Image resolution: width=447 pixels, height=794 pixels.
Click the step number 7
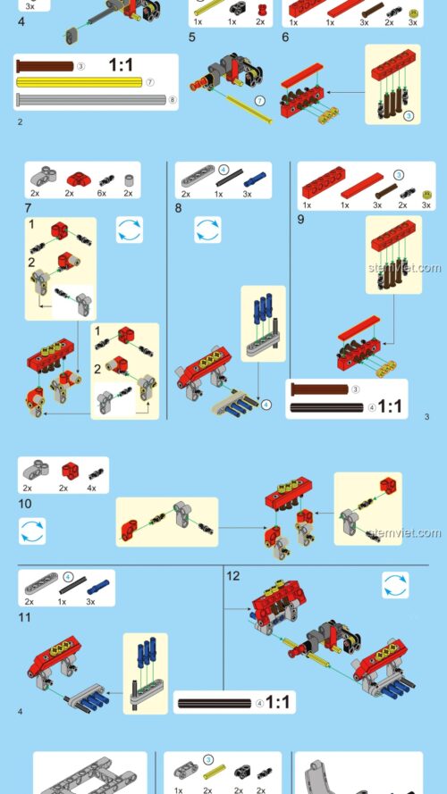pyautogui.click(x=28, y=208)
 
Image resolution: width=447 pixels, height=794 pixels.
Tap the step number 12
pyautogui.click(x=232, y=576)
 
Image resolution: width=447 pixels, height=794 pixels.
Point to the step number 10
pyautogui.click(x=24, y=504)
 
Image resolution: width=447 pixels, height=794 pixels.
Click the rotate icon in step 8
pyautogui.click(x=207, y=230)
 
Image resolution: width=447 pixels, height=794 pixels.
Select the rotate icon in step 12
pyautogui.click(x=395, y=585)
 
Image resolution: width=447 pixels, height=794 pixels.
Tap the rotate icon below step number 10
pyautogui.click(x=32, y=531)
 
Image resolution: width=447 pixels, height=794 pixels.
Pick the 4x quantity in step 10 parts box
pyautogui.click(x=91, y=489)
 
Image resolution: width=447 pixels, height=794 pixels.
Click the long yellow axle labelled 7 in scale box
pyautogui.click(x=80, y=82)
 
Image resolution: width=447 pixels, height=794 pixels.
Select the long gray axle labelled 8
pyautogui.click(x=91, y=99)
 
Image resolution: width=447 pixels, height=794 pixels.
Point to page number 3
pyautogui.click(x=426, y=417)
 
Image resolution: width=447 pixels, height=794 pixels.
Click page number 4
pyautogui.click(x=21, y=712)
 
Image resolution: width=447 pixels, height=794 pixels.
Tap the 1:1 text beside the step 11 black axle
pyautogui.click(x=278, y=702)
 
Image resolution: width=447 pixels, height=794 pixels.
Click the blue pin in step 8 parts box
pyautogui.click(x=255, y=180)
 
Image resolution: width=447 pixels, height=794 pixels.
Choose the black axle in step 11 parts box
pyautogui.click(x=73, y=588)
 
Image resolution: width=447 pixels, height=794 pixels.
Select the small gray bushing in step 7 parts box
pyautogui.click(x=130, y=180)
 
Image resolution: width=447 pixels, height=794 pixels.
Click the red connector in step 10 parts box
pyautogui.click(x=70, y=471)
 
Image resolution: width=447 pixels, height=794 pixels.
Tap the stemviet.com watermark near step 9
pyautogui.click(x=404, y=268)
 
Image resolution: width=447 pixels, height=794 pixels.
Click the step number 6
pyautogui.click(x=285, y=37)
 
